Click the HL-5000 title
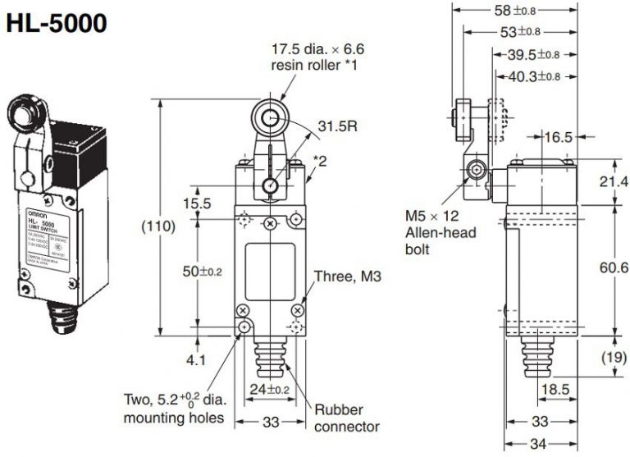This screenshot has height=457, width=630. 57,24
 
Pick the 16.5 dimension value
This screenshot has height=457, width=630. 558,138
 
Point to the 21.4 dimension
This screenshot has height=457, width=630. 611,181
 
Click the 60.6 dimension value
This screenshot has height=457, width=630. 611,267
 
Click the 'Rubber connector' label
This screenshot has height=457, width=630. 348,418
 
